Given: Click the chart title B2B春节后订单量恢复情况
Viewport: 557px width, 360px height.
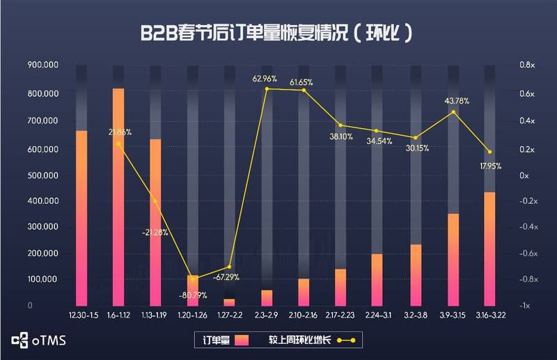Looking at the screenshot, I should [278, 33].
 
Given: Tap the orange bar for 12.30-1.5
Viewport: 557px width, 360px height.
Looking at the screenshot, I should [81, 216].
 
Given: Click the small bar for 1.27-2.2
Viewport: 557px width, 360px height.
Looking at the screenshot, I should [229, 302].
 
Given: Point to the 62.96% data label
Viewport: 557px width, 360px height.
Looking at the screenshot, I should [265, 78].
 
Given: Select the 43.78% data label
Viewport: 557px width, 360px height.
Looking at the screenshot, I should [457, 101].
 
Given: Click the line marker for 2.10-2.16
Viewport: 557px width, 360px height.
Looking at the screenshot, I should [304, 91].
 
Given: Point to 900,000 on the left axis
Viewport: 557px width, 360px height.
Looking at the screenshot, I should [42, 65].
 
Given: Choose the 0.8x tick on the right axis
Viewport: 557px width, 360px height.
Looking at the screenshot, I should [526, 65].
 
